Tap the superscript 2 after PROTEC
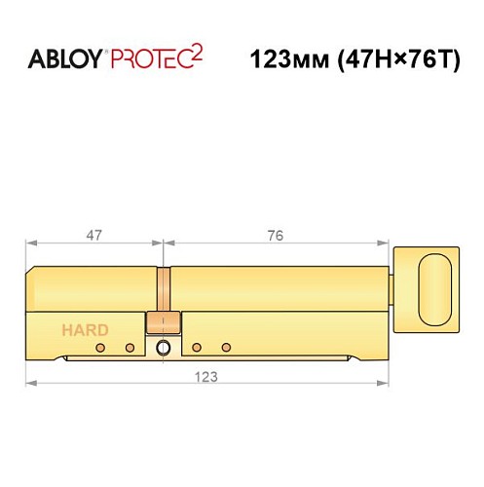(x=199, y=50)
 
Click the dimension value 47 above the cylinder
(x=93, y=235)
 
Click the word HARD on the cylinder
(x=85, y=329)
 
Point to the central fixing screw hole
(x=163, y=348)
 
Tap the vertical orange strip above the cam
(x=163, y=289)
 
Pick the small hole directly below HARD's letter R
(x=97, y=348)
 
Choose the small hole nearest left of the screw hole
(x=129, y=348)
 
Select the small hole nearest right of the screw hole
(x=196, y=348)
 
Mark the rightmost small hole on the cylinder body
(x=226, y=348)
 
